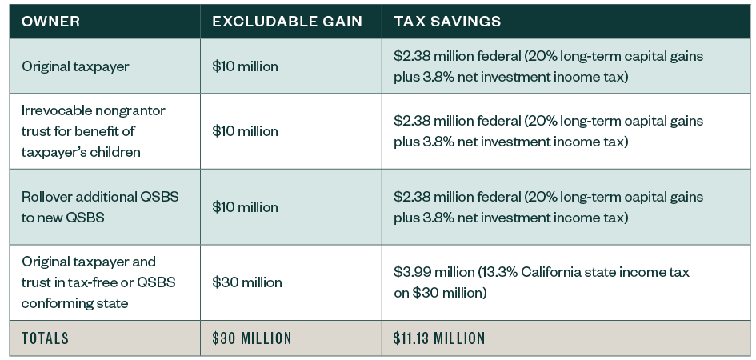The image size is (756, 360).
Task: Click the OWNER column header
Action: [51, 22]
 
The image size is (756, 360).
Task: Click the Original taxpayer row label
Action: [75, 66]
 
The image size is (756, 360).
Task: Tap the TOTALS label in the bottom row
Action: [46, 338]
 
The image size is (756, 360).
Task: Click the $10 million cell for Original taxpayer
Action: [245, 66]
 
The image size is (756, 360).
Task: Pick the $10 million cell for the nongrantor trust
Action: [245, 130]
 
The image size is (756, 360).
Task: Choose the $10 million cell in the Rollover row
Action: [245, 206]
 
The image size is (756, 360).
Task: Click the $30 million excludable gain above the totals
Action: [246, 282]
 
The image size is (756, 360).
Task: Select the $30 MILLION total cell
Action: [251, 338]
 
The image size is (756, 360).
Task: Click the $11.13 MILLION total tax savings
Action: [439, 338]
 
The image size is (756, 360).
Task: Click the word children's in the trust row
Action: [118, 150]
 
